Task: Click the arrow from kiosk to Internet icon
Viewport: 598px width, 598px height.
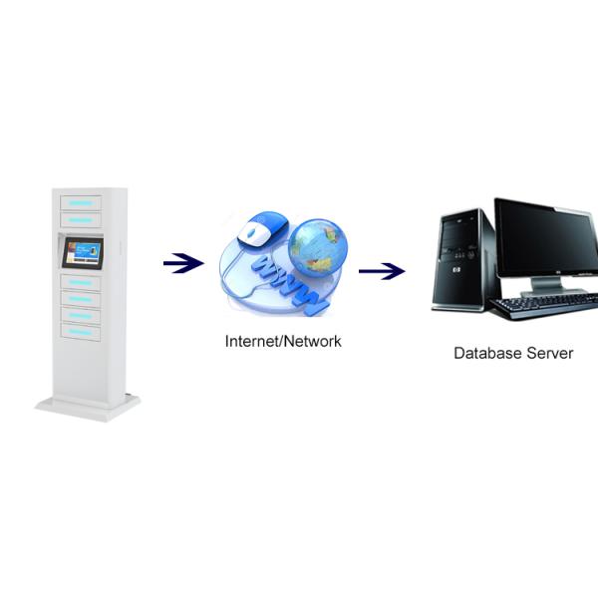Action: (x=182, y=263)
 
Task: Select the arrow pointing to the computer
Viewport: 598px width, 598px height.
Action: (x=382, y=270)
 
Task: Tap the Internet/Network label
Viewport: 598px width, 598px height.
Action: (x=283, y=341)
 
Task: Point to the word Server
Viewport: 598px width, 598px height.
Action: (x=550, y=353)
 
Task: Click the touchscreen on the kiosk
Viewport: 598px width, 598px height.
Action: (x=82, y=253)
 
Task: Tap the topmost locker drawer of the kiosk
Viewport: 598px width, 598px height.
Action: (x=81, y=202)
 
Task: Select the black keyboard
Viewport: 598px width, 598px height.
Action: (x=542, y=305)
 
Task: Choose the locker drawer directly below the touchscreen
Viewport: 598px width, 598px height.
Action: (x=81, y=282)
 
